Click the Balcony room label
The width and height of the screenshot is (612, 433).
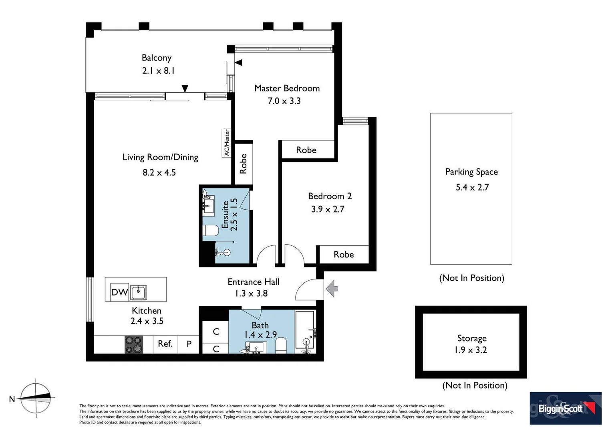[157, 58]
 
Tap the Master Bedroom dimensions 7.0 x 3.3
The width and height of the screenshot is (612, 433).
[284, 101]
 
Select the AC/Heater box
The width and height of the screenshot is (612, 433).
[227, 143]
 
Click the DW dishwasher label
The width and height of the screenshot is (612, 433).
[119, 292]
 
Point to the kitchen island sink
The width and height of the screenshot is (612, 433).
[139, 292]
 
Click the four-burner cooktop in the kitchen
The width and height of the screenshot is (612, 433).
[134, 344]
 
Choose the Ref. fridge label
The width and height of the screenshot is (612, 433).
[165, 344]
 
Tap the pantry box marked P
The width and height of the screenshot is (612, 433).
[189, 344]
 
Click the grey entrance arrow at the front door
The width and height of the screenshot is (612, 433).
[332, 289]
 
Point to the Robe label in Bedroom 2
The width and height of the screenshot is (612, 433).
[344, 255]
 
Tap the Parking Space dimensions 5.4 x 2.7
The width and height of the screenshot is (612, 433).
[472, 188]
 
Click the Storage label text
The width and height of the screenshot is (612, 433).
[472, 338]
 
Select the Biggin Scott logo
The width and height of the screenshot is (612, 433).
[565, 408]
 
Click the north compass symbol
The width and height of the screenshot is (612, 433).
[36, 398]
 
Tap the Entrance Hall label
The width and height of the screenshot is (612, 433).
[253, 282]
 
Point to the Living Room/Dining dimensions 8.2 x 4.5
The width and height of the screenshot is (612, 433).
[159, 173]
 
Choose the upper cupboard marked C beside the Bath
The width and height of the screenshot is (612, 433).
[216, 332]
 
